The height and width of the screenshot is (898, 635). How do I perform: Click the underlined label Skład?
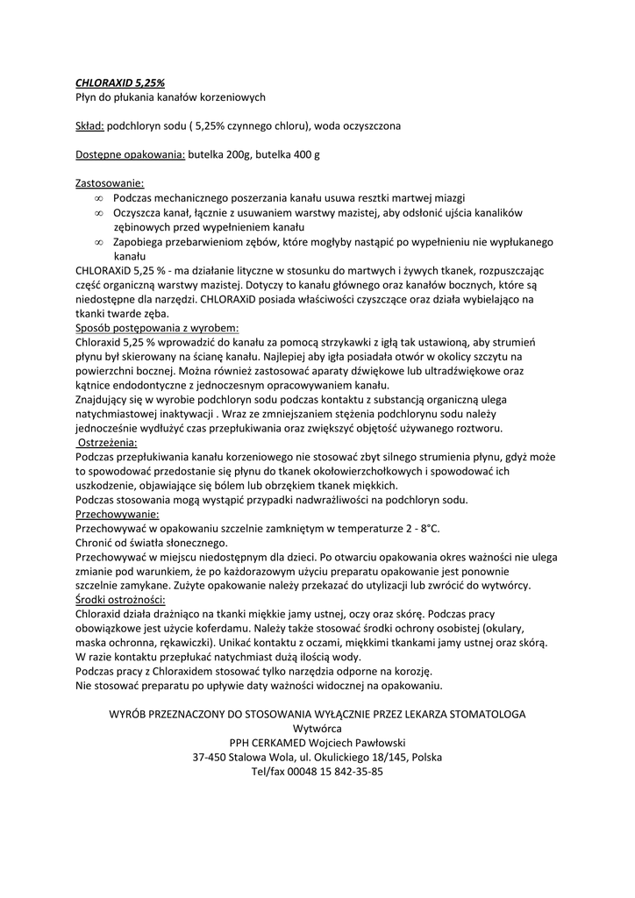90,125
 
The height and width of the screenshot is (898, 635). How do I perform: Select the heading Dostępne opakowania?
130,154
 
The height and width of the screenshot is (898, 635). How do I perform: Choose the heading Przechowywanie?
118,514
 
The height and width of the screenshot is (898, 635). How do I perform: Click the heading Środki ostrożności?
120,599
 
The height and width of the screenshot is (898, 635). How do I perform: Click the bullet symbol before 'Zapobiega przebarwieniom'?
99,241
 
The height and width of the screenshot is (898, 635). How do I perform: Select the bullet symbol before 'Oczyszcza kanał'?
99,213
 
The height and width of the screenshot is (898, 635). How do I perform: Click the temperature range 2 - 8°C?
415,528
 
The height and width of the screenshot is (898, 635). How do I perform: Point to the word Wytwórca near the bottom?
317,728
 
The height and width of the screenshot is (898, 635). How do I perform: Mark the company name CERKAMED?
284,742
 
